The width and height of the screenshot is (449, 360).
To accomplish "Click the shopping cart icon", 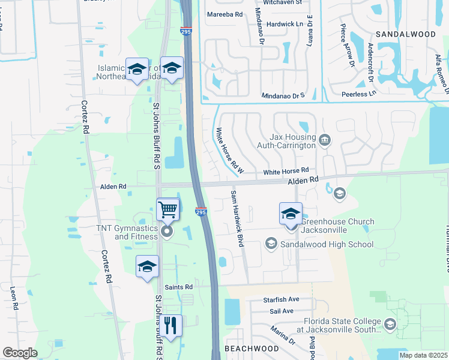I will click(x=168, y=210).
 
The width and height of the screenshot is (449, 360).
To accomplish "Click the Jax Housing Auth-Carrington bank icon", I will click(x=325, y=140).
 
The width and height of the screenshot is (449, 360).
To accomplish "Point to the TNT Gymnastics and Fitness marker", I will click(x=167, y=232).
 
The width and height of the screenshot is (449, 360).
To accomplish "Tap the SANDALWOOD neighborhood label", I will click(x=406, y=34).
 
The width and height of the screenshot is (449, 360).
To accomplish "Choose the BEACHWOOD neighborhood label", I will click(x=252, y=349).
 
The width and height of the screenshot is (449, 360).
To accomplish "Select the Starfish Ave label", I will click(x=281, y=299).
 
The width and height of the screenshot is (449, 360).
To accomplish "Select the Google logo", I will click(x=20, y=353).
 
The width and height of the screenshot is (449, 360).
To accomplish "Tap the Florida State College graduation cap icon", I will click(x=390, y=325).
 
